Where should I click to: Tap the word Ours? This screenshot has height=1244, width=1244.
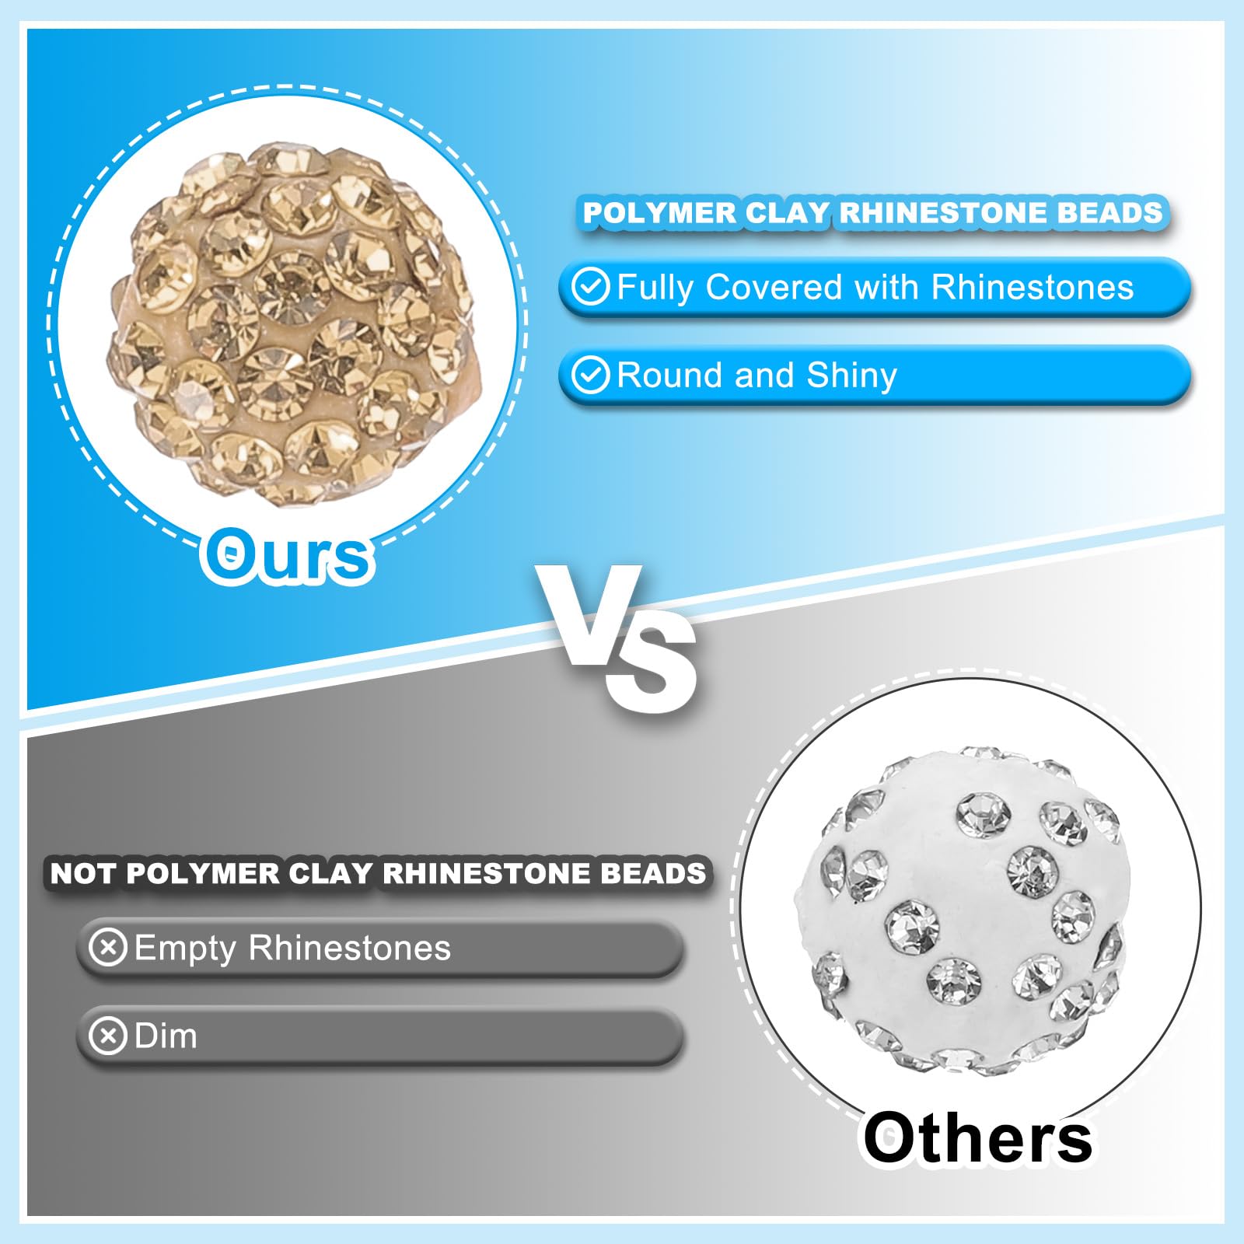click(x=288, y=554)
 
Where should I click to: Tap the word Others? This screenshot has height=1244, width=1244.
click(x=977, y=1137)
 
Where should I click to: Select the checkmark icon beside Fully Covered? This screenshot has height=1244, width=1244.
click(x=591, y=287)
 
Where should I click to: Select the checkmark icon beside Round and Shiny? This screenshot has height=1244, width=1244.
click(x=591, y=376)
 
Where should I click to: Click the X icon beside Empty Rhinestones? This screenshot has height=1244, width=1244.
click(x=108, y=948)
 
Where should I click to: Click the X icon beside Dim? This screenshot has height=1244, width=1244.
click(x=108, y=1036)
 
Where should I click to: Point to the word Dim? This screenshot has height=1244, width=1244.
click(x=166, y=1036)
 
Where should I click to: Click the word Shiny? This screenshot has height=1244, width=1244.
click(x=852, y=376)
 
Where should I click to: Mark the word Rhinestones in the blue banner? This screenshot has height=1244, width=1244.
click(x=1033, y=287)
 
